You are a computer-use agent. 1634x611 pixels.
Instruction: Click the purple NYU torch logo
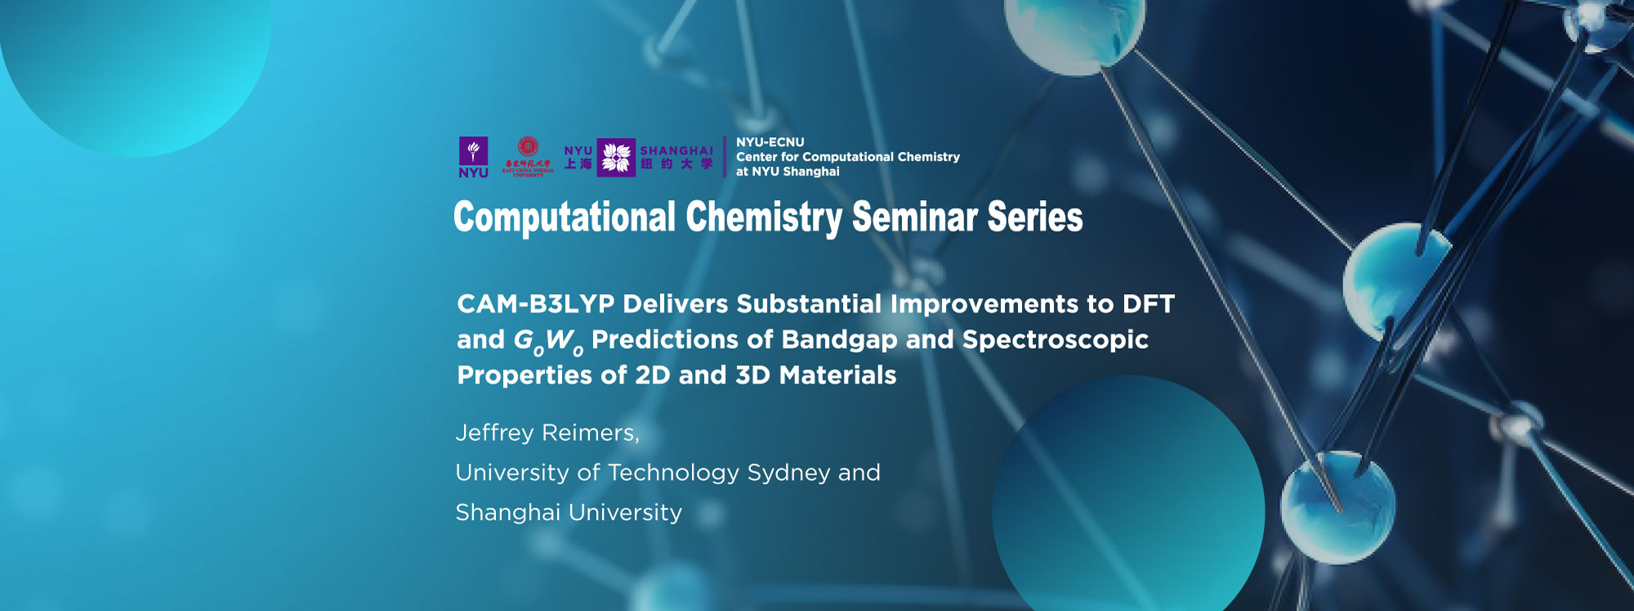coord(473,156)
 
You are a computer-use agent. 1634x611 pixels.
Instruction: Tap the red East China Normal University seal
coord(528,156)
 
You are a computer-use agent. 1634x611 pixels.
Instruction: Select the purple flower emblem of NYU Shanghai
coord(616,157)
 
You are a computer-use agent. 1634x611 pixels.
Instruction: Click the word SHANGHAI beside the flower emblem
coord(676,150)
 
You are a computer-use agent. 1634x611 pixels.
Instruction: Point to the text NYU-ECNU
coord(770,142)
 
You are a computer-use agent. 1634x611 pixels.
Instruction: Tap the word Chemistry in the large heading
coord(763,217)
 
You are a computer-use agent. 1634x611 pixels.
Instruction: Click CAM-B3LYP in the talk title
coord(535,304)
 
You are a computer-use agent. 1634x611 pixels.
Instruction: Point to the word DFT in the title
coord(1148,304)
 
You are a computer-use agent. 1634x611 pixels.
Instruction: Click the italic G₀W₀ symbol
coord(547,341)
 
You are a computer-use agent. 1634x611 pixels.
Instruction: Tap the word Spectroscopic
coord(1055,339)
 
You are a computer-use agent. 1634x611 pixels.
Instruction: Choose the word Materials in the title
coord(837,375)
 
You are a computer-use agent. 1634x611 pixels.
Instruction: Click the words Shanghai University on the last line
coord(568,513)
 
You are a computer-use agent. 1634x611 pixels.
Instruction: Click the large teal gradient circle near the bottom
coord(1127,506)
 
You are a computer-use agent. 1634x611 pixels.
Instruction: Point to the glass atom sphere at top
coord(1062,33)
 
